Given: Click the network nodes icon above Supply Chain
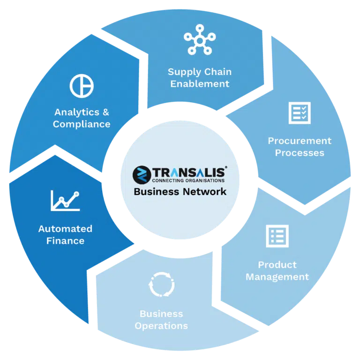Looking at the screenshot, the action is pyautogui.click(x=200, y=41).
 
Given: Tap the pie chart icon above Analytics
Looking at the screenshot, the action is pyautogui.click(x=82, y=86).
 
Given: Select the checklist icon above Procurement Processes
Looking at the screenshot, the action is pyautogui.click(x=300, y=113).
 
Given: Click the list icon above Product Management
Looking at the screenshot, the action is pyautogui.click(x=277, y=236).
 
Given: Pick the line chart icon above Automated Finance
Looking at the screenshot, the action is pyautogui.click(x=65, y=201).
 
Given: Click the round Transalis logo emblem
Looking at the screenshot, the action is pyautogui.click(x=142, y=175).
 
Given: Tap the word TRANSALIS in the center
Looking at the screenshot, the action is pyautogui.click(x=189, y=172).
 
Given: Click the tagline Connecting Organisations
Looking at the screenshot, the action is pyautogui.click(x=188, y=180).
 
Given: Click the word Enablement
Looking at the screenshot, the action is pyautogui.click(x=200, y=84).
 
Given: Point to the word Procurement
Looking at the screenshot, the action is pyautogui.click(x=300, y=141).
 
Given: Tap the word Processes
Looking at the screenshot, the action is pyautogui.click(x=300, y=153).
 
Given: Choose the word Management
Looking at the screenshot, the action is pyautogui.click(x=277, y=277).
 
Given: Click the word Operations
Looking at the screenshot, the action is pyautogui.click(x=161, y=326).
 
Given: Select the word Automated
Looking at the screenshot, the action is pyautogui.click(x=66, y=229).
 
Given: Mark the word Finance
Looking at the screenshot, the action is pyautogui.click(x=66, y=241).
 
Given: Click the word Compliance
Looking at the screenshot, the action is pyautogui.click(x=82, y=124).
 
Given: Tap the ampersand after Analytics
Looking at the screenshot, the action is pyautogui.click(x=106, y=112).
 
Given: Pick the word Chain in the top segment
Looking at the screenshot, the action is pyautogui.click(x=218, y=72).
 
